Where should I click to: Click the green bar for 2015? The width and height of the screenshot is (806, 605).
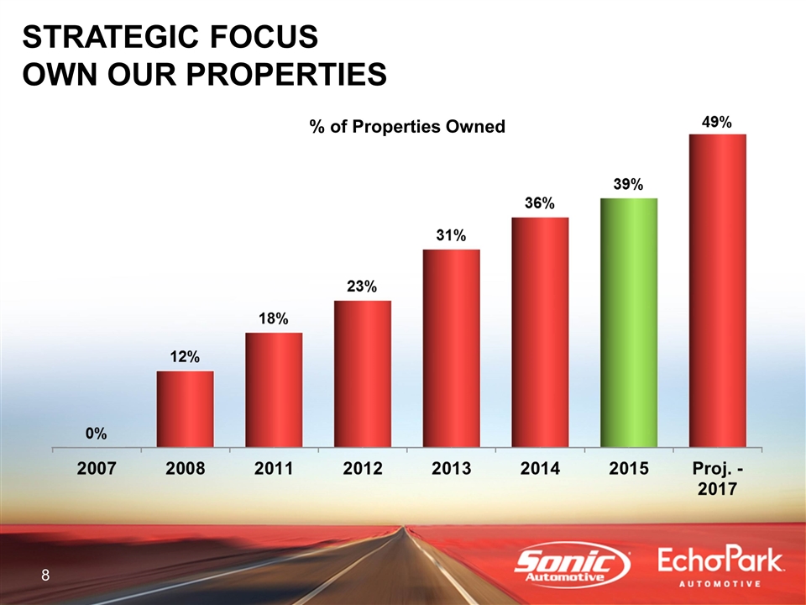[x=629, y=323]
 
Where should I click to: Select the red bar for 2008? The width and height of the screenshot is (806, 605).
[x=185, y=409]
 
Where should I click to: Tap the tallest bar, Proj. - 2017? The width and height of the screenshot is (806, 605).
[x=718, y=291]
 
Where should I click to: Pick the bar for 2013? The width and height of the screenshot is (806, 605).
[x=452, y=348]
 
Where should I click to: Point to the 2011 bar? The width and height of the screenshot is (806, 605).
[x=274, y=390]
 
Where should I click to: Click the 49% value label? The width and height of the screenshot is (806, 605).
[x=717, y=122]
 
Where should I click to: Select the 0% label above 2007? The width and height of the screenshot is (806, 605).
[x=96, y=434]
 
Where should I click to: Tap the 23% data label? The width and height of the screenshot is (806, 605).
[x=362, y=287]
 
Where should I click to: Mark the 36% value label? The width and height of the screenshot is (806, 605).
[x=540, y=204]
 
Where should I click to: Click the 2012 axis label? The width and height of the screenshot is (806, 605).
[x=362, y=469]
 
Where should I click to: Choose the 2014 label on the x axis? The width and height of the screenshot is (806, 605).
[x=540, y=469]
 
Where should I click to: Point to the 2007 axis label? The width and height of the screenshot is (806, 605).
[x=96, y=469]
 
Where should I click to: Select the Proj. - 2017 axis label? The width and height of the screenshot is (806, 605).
[x=717, y=478]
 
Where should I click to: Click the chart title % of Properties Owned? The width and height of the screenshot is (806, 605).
[x=407, y=127]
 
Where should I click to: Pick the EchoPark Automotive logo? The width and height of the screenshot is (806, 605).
[x=721, y=567]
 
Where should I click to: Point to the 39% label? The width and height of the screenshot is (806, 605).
[x=628, y=184]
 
